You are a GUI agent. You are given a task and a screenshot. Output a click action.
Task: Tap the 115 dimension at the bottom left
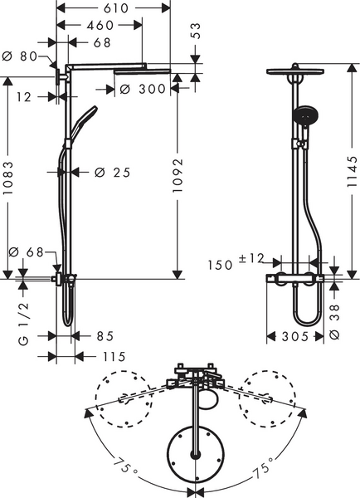coord(113,357)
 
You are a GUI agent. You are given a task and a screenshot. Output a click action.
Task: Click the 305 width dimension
coord(294,336)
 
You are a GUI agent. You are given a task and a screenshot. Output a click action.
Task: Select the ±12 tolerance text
coord(251,259)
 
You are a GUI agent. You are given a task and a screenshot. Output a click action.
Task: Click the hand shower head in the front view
coord(304,114)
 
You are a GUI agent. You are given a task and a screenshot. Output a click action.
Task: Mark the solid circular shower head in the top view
coord(196,453)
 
